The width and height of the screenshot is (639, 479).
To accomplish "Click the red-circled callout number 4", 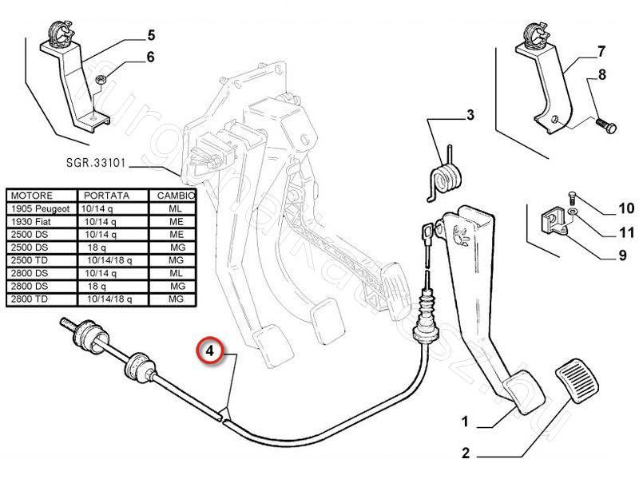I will (210, 350).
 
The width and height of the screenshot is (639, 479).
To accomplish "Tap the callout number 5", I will (150, 34).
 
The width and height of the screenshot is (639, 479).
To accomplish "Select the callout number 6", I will (150, 57).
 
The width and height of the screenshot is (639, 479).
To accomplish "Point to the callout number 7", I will (601, 53).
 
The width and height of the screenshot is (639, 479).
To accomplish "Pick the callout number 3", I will (470, 116).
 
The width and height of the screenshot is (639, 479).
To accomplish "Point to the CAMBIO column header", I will (173, 196).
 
